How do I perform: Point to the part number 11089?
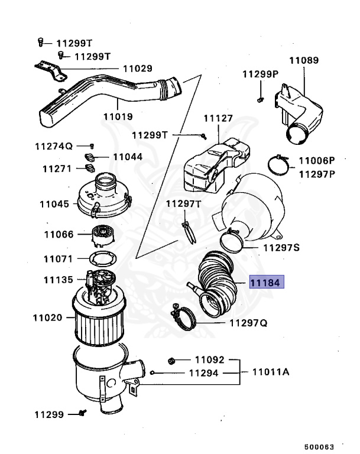[304, 60]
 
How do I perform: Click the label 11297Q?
[248, 323]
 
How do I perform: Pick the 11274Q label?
[53, 146]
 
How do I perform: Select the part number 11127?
[218, 118]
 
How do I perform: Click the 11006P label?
[316, 160]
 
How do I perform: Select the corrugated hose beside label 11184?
[218, 282]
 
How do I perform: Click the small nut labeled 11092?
[171, 359]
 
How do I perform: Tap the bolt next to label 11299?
[82, 413]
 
